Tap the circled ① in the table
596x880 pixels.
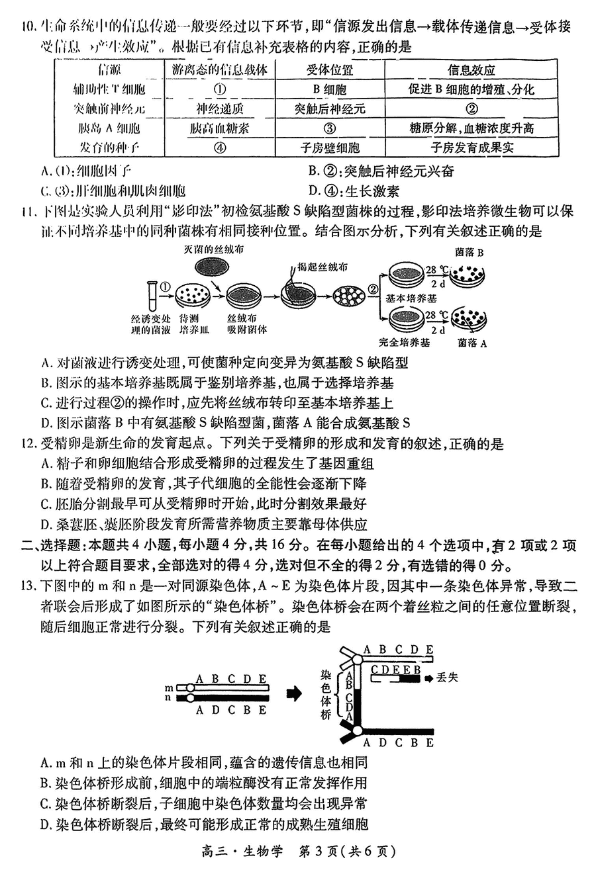221,89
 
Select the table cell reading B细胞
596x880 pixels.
330,89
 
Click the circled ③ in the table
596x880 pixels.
330,128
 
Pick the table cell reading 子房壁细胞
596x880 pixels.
330,148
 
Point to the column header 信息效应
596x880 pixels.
472,70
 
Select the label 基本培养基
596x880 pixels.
412,298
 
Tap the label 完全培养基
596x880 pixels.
405,342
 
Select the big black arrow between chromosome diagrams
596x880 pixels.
294,693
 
